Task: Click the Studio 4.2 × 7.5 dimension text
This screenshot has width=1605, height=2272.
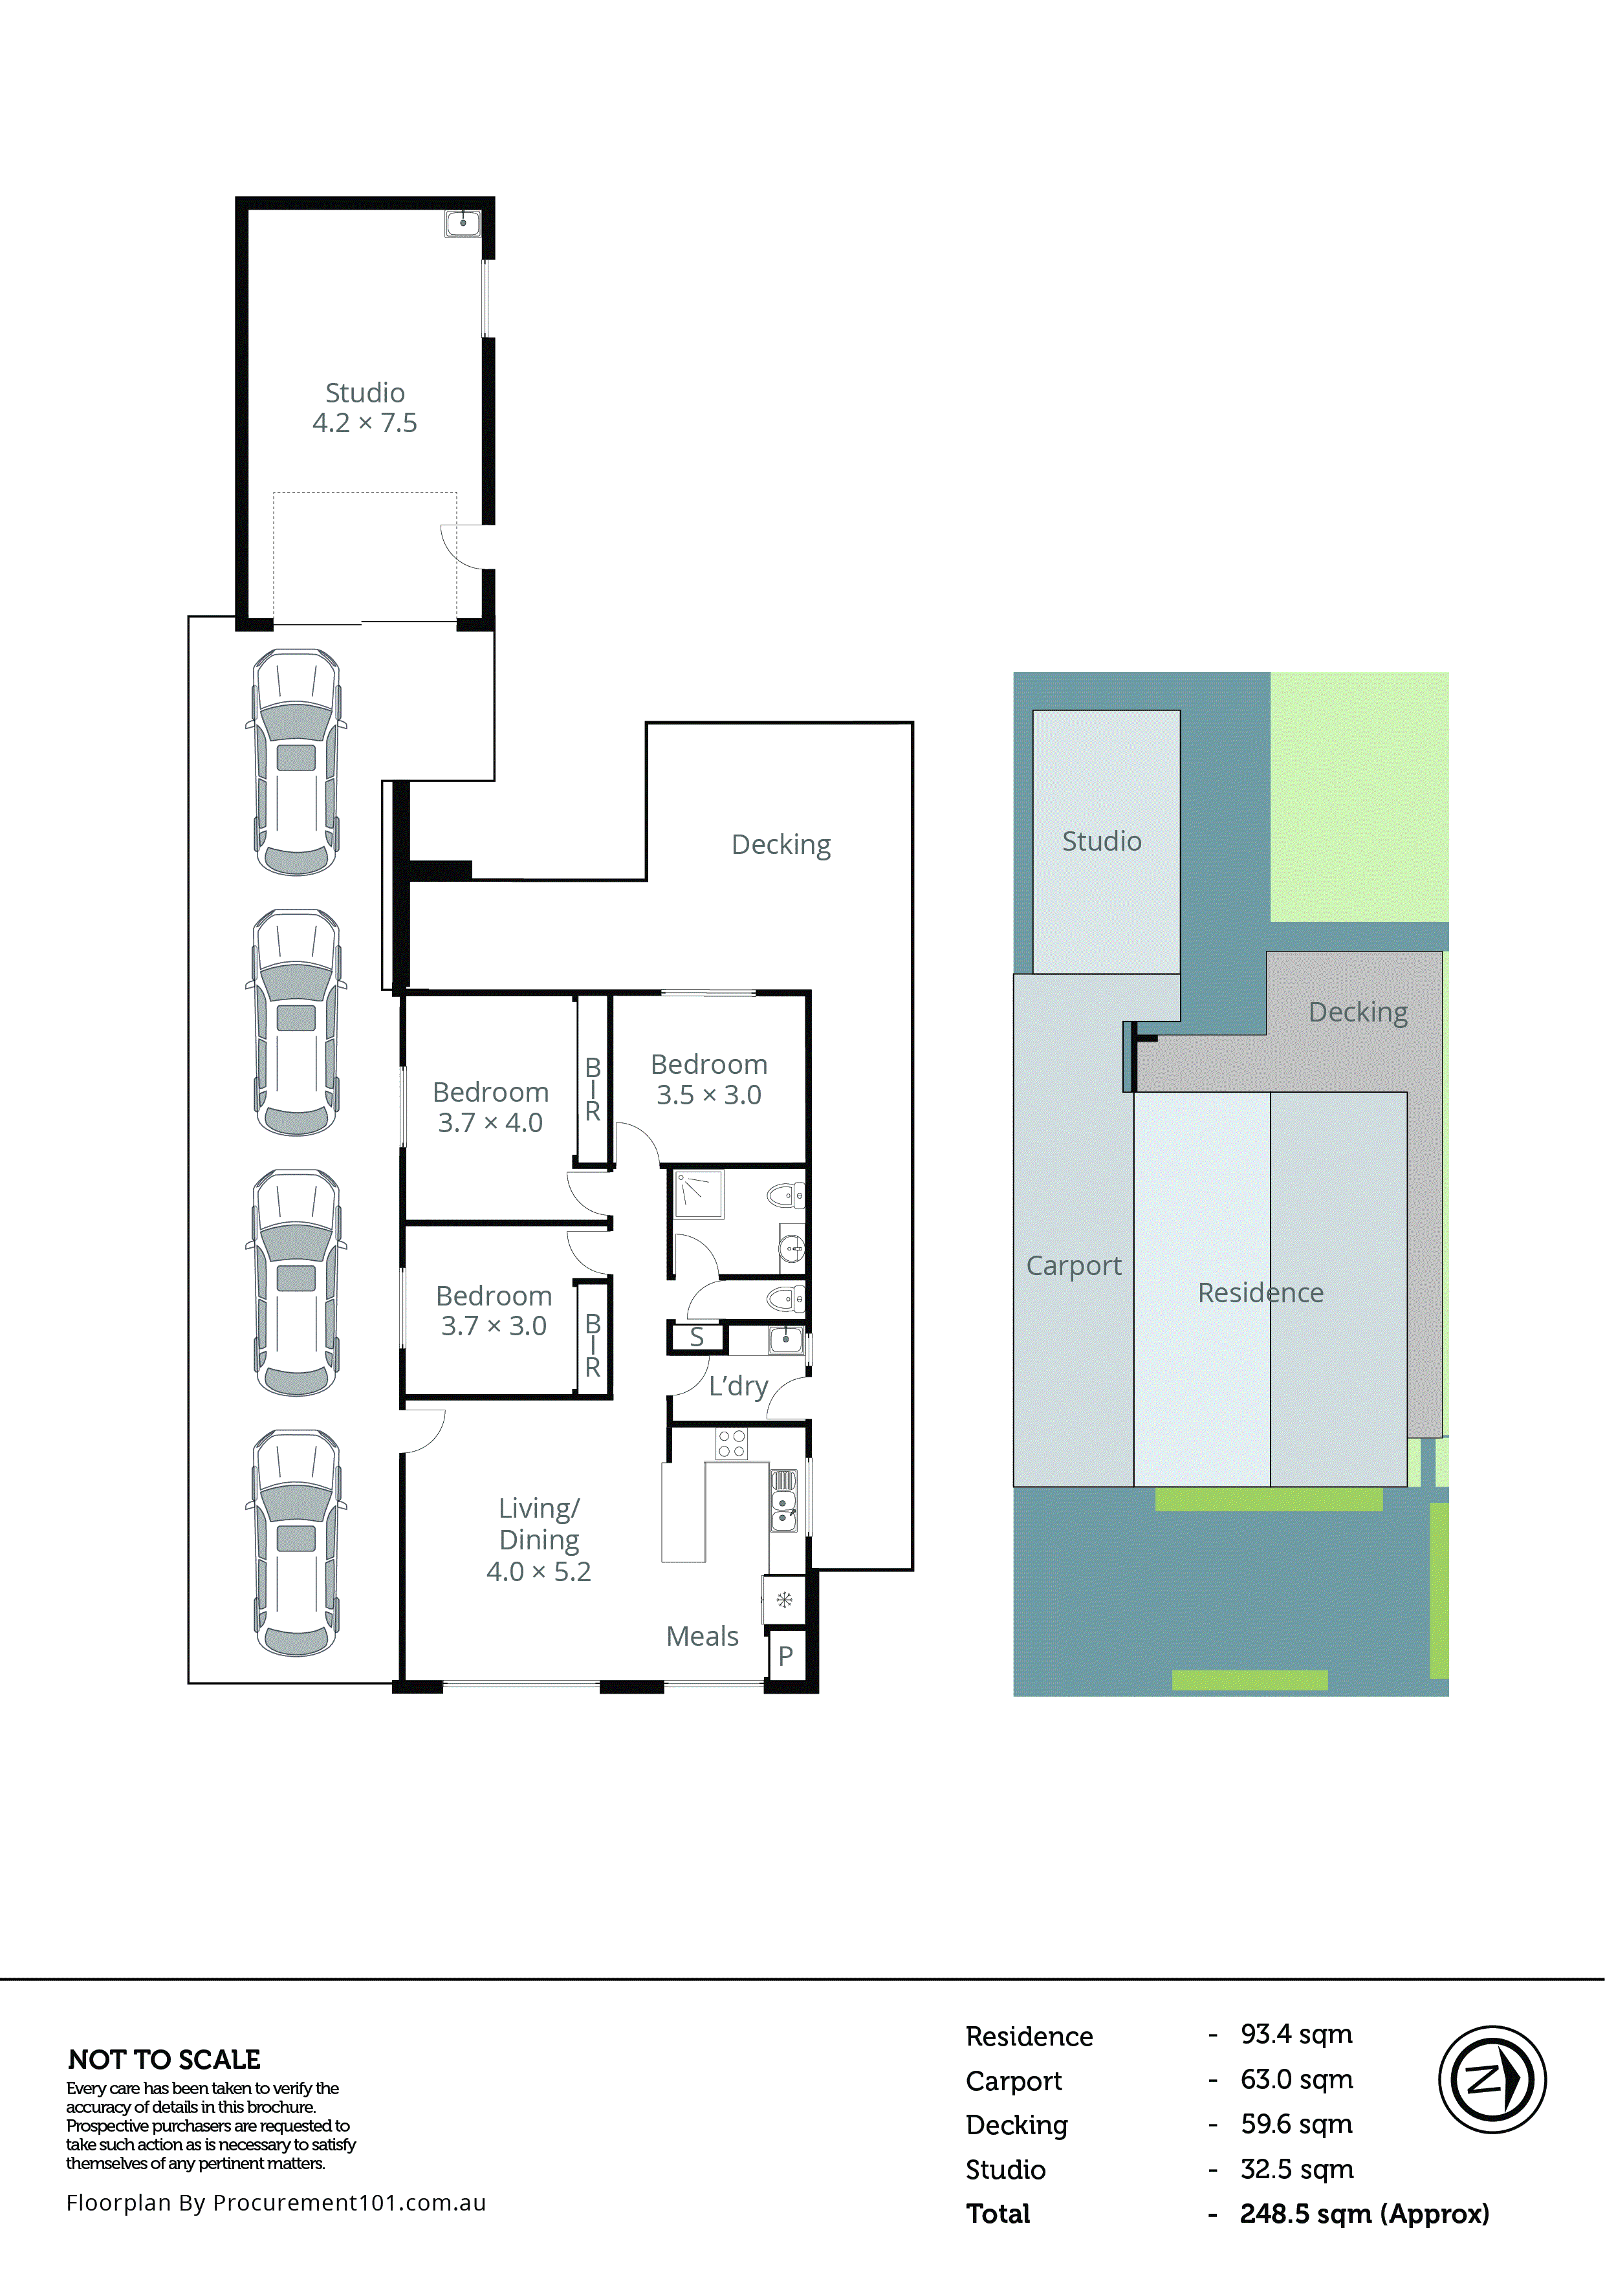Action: coord(364,422)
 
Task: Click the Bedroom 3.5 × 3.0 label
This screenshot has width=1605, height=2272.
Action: coord(708,1080)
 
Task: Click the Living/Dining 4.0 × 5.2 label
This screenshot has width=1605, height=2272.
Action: coord(538,1539)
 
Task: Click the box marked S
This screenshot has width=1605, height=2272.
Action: coord(697,1338)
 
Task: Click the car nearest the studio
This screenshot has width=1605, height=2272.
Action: coord(296,762)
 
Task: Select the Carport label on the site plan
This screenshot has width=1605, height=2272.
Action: coord(1074,1265)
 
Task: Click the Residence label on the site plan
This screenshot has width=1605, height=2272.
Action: coord(1260,1293)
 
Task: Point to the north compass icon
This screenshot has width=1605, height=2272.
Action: coord(1491,2079)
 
